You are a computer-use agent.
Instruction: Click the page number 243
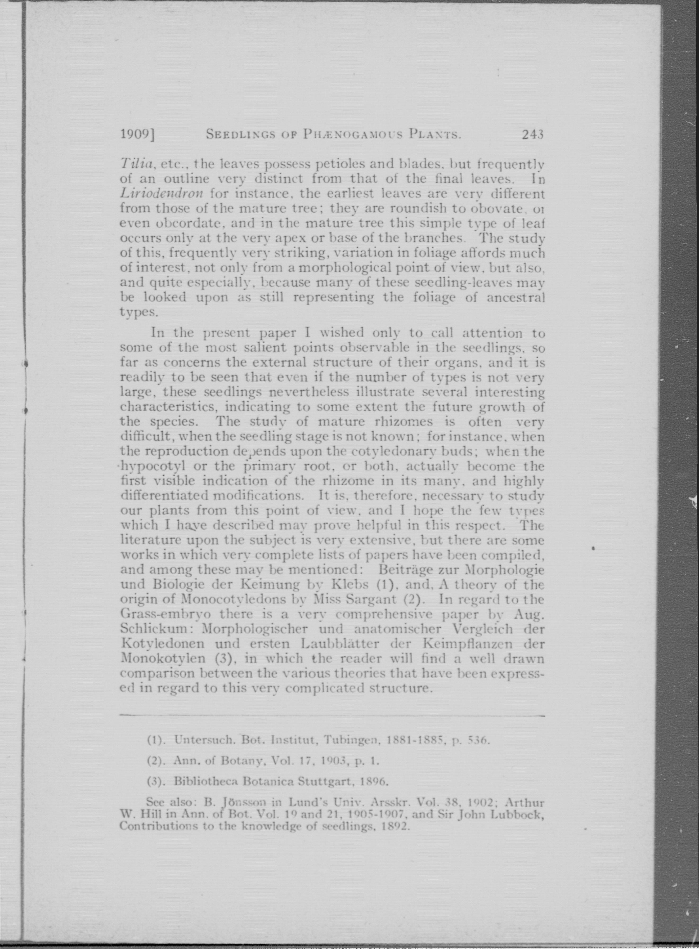pyautogui.click(x=532, y=135)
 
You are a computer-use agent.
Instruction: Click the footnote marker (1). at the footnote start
pyautogui.click(x=156, y=740)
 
